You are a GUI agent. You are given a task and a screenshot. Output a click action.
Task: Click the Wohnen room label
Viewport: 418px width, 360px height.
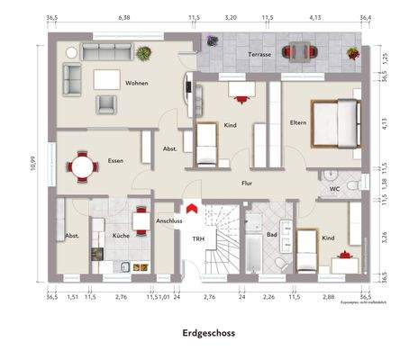pos(137,84)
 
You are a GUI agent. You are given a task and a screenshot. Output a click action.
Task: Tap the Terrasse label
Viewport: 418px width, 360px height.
pos(260,54)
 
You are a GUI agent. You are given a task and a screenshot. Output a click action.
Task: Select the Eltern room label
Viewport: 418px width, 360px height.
pos(297,122)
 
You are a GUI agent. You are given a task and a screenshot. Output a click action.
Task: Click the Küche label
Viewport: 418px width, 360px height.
pos(121,235)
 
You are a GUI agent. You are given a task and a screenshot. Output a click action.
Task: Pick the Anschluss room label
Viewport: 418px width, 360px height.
pos(169,220)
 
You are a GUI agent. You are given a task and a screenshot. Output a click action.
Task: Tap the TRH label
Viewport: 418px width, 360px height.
pos(196,238)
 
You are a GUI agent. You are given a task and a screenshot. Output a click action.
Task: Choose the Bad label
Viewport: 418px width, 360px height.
pos(271,234)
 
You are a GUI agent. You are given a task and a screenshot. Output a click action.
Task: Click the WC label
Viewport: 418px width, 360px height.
pos(333,189)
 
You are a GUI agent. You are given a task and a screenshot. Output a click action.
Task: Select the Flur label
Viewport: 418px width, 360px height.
pos(246,184)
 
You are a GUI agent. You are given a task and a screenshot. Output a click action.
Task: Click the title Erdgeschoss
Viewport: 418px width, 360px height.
pos(208,333)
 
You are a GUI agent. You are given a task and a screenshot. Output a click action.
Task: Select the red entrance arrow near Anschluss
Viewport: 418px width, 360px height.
pos(189,211)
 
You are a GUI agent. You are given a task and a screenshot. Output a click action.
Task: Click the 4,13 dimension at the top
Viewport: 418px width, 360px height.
pos(315,17)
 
